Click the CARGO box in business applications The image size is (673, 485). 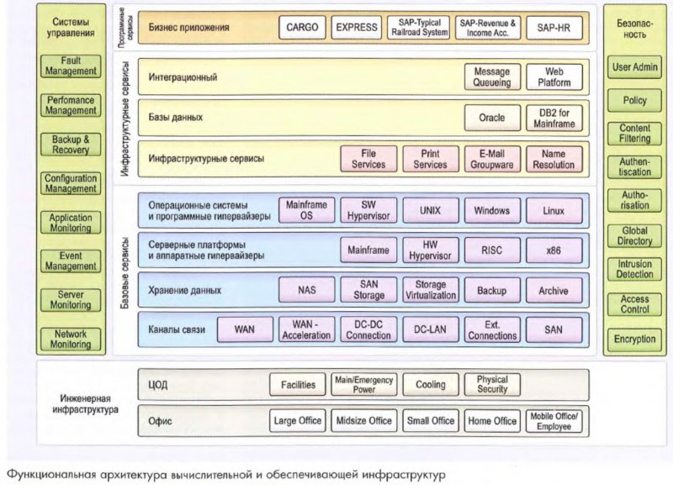[x=302, y=28]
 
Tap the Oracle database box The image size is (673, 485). [x=492, y=119]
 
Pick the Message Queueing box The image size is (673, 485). [x=492, y=78]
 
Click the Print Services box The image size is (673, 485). [x=430, y=159]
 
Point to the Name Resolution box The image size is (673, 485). [x=554, y=159]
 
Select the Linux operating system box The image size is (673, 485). [x=554, y=210]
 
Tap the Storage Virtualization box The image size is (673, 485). [x=430, y=291]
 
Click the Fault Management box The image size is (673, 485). [x=71, y=66]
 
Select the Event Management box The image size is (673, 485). [x=71, y=261]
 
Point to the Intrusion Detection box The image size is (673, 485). [x=635, y=269]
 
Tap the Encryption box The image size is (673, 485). [x=635, y=340]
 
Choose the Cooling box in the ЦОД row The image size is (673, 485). [x=430, y=385]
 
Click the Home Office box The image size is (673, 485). [x=492, y=421]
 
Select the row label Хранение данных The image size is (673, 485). [x=184, y=291]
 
